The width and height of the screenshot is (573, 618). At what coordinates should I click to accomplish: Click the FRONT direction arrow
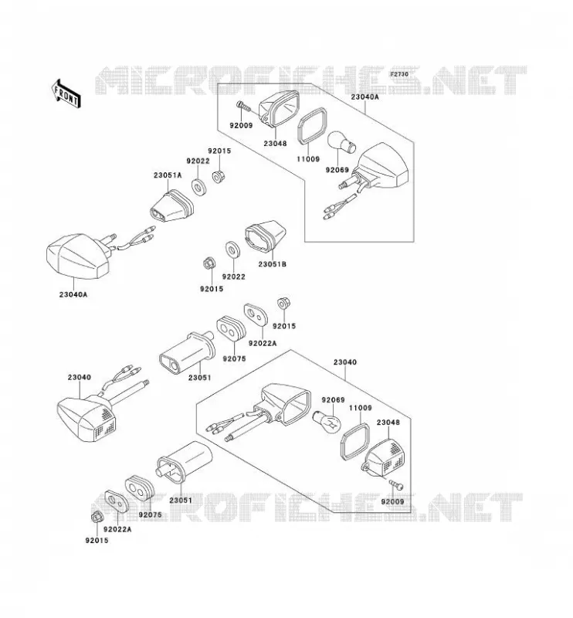tap(66, 93)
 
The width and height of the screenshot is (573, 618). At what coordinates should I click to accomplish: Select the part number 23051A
tap(168, 175)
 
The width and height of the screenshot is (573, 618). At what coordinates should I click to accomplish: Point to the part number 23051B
tap(273, 264)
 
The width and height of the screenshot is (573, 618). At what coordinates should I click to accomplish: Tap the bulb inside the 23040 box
tap(327, 422)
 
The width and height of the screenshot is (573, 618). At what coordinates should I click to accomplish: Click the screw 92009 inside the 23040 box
tap(396, 485)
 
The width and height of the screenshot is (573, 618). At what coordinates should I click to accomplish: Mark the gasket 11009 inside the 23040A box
tap(311, 124)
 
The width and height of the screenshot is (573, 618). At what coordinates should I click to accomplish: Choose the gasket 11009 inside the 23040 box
tap(354, 442)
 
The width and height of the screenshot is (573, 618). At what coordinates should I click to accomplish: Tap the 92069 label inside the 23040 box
tap(333, 400)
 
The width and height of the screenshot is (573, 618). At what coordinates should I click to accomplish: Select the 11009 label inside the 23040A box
tap(308, 159)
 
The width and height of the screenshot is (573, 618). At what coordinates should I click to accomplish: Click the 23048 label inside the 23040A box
tap(275, 144)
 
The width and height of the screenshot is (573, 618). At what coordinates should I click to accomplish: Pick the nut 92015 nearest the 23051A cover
tap(218, 176)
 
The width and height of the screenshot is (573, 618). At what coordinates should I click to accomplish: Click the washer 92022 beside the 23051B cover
tap(233, 249)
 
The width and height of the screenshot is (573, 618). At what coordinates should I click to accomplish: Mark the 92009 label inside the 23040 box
tap(392, 501)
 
